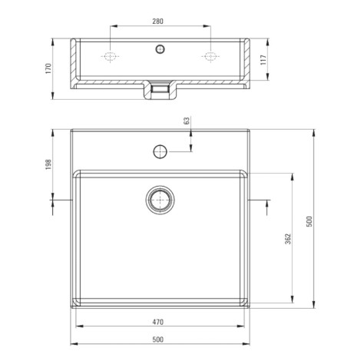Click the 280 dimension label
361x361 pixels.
[157, 22]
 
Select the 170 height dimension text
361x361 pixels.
[48, 68]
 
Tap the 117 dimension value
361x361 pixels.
[263, 60]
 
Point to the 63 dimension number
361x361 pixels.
[187, 121]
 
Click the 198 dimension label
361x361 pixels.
[48, 164]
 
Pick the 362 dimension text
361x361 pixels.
[288, 239]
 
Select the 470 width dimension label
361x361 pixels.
[157, 322]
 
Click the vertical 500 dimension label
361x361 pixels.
[310, 221]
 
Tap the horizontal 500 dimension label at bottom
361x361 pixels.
[157, 339]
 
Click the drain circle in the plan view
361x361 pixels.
[161, 200]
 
